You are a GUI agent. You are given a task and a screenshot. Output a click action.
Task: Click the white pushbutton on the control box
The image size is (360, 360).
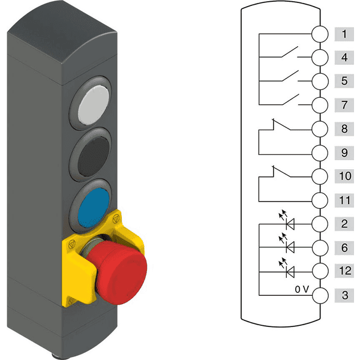[x=94, y=105]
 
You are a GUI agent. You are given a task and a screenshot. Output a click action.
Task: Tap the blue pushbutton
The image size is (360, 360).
[x=94, y=208]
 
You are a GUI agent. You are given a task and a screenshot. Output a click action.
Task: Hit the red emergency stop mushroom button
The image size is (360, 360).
[x=117, y=272]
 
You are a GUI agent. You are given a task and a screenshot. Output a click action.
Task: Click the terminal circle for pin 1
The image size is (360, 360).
[x=320, y=34]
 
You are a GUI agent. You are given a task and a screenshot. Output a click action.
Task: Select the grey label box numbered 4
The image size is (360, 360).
[x=344, y=58]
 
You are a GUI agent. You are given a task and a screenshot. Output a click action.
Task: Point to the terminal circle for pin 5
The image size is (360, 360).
[x=320, y=81]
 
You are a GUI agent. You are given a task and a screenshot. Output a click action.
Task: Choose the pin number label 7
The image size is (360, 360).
[x=344, y=105]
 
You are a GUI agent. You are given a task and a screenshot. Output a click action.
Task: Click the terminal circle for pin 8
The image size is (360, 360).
[x=320, y=129]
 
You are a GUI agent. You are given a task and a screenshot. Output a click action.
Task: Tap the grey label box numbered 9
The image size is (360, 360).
[x=344, y=153]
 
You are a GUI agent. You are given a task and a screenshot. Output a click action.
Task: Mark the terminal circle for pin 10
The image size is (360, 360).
[x=320, y=176]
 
